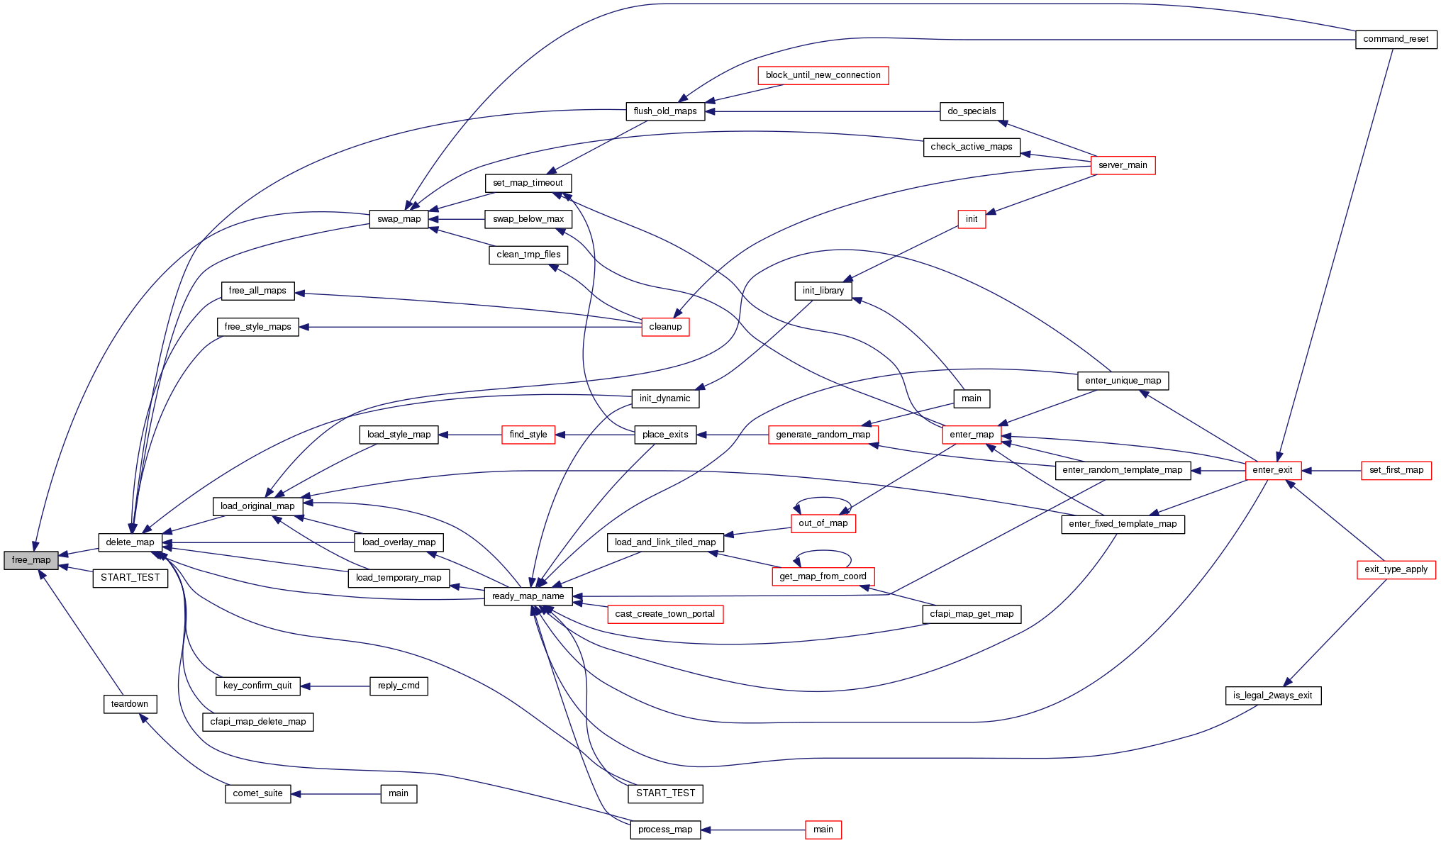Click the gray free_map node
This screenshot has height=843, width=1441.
click(x=30, y=560)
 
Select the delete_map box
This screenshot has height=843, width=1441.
click(x=130, y=542)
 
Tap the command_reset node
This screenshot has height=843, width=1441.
click(x=1395, y=39)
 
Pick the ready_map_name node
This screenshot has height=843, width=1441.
click(x=528, y=596)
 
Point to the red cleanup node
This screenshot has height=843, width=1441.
click(x=664, y=327)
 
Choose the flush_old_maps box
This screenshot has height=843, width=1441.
click(x=664, y=111)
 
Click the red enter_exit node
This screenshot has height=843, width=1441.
click(x=1272, y=470)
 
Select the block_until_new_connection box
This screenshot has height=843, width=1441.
click(x=823, y=75)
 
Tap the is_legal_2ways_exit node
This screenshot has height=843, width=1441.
click(x=1272, y=696)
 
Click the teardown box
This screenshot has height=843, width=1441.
click(x=129, y=704)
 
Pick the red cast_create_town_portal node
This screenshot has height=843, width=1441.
click(x=664, y=614)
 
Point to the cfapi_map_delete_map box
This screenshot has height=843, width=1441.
click(x=257, y=722)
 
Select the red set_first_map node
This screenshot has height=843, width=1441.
click(x=1396, y=470)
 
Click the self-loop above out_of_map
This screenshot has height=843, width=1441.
click(x=823, y=499)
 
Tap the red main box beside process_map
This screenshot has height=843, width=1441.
click(x=823, y=830)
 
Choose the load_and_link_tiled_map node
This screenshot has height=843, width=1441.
click(x=664, y=542)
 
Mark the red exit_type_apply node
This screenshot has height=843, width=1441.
click(x=1396, y=569)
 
